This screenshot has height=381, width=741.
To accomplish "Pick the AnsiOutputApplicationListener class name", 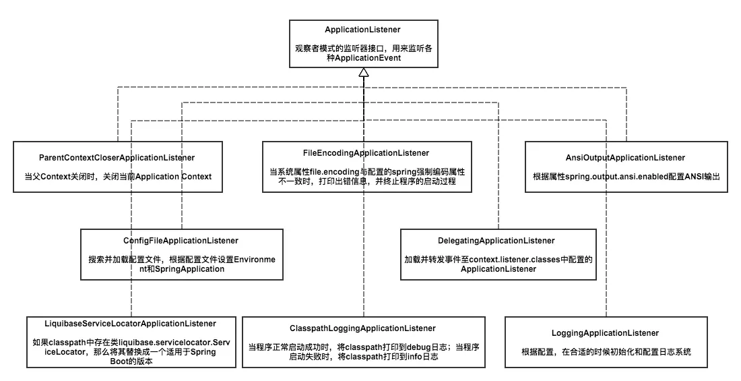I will point(626,157).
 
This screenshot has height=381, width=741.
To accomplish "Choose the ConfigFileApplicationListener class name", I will point(181,240).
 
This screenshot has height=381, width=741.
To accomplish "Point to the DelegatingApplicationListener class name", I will point(498,240).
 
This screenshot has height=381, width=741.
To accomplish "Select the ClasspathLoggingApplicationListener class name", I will point(364,328).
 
